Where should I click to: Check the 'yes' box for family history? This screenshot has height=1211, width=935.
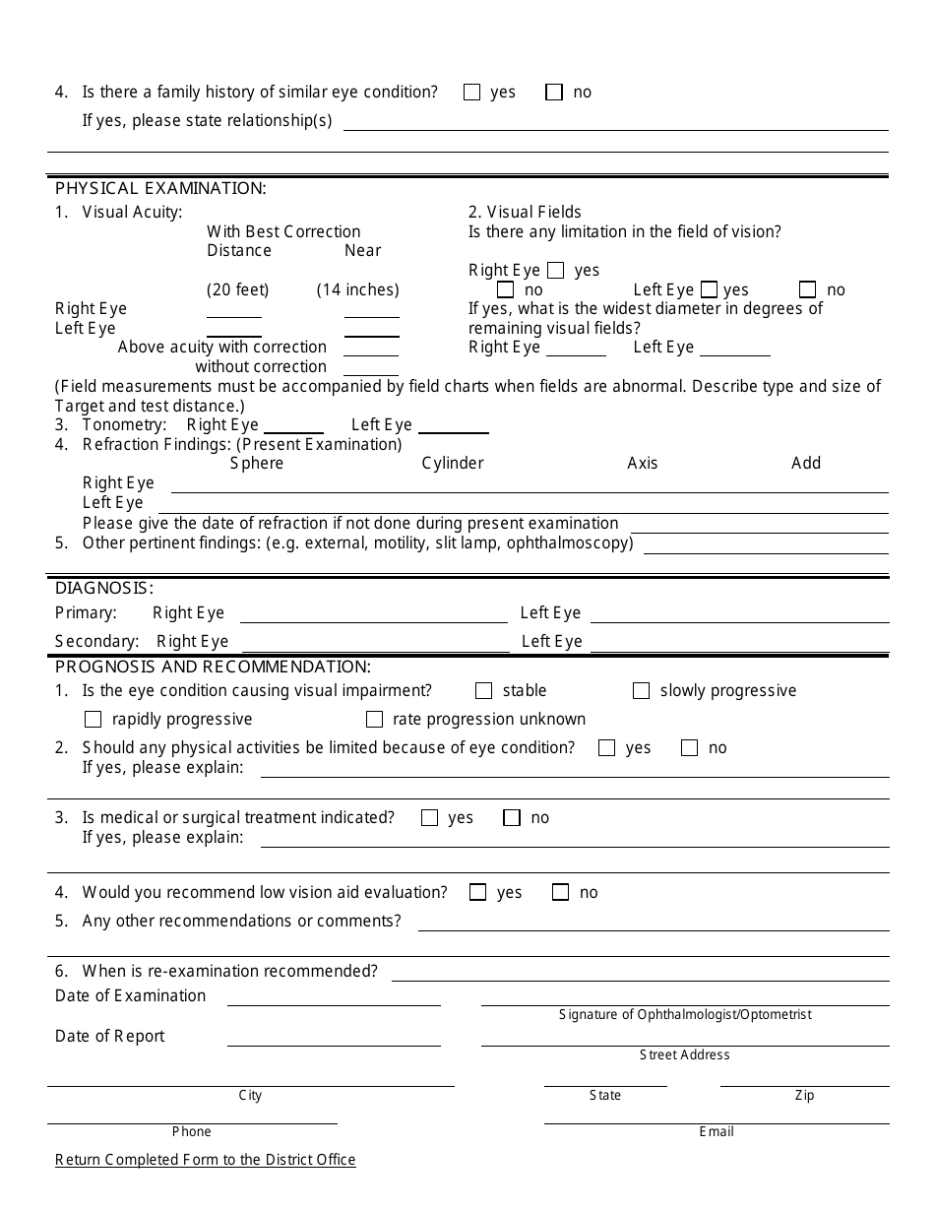(471, 93)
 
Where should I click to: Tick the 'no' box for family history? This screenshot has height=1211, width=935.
(554, 93)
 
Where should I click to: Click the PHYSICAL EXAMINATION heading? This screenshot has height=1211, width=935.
(160, 188)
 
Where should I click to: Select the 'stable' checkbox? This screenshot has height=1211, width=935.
(483, 691)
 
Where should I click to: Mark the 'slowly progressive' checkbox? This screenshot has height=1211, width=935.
(641, 691)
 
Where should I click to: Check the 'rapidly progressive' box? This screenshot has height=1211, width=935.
(93, 720)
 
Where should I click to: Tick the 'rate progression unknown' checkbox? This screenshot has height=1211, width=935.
(374, 720)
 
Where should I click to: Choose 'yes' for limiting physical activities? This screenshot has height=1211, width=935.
(606, 748)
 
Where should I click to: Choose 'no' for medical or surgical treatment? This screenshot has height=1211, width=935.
(512, 818)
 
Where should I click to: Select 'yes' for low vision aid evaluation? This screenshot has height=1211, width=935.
(478, 893)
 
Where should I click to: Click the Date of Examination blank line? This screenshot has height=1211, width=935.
(334, 997)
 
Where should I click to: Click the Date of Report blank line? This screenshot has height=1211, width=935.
(334, 1038)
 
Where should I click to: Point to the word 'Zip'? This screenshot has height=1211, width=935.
(804, 1096)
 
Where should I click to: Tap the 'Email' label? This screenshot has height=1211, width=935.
(717, 1132)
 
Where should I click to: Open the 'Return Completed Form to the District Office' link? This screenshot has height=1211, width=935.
(206, 1160)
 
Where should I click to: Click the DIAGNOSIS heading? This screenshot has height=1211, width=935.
(104, 588)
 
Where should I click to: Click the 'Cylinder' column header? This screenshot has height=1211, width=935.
(453, 464)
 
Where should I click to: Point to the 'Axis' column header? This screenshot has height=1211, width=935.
(643, 464)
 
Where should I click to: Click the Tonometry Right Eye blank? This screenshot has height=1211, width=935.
(293, 426)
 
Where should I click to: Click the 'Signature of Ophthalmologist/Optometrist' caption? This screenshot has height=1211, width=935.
(685, 1015)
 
